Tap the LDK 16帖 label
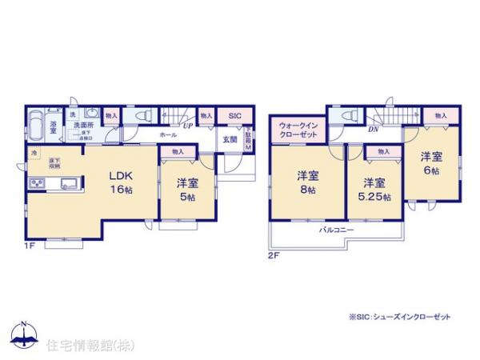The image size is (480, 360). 120,182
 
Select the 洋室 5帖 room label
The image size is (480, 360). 188,189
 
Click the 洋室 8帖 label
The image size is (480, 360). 309,182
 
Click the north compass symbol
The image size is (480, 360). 24,335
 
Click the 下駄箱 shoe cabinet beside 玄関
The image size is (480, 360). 247,140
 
